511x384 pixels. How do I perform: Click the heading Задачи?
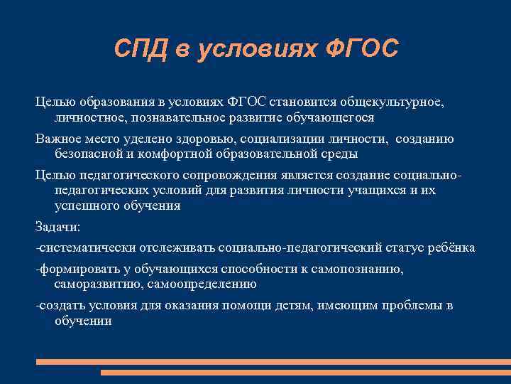pos(58,228)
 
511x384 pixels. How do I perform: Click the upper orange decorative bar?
pos(273,361)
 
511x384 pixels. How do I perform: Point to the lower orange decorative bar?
pos(305,372)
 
